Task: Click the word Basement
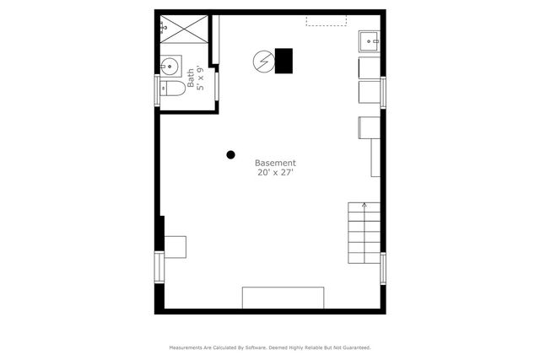(x=275, y=163)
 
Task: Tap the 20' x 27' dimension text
(x=275, y=173)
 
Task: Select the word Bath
(x=191, y=78)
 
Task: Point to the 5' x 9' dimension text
(x=200, y=78)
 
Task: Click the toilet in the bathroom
(x=174, y=89)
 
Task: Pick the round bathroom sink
(x=169, y=65)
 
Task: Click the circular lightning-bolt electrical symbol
(x=263, y=61)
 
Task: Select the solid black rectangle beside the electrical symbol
(x=283, y=60)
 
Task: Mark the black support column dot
(x=230, y=154)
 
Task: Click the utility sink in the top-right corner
(x=369, y=40)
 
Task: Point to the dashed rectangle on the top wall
(x=326, y=19)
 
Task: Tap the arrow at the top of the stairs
(x=364, y=204)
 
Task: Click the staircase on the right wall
(x=364, y=232)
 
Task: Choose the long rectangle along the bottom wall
(x=283, y=297)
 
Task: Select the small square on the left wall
(x=175, y=245)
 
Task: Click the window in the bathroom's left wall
(x=156, y=89)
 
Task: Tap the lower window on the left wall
(x=156, y=266)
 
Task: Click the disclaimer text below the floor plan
(x=270, y=347)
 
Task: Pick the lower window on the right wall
(x=383, y=267)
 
